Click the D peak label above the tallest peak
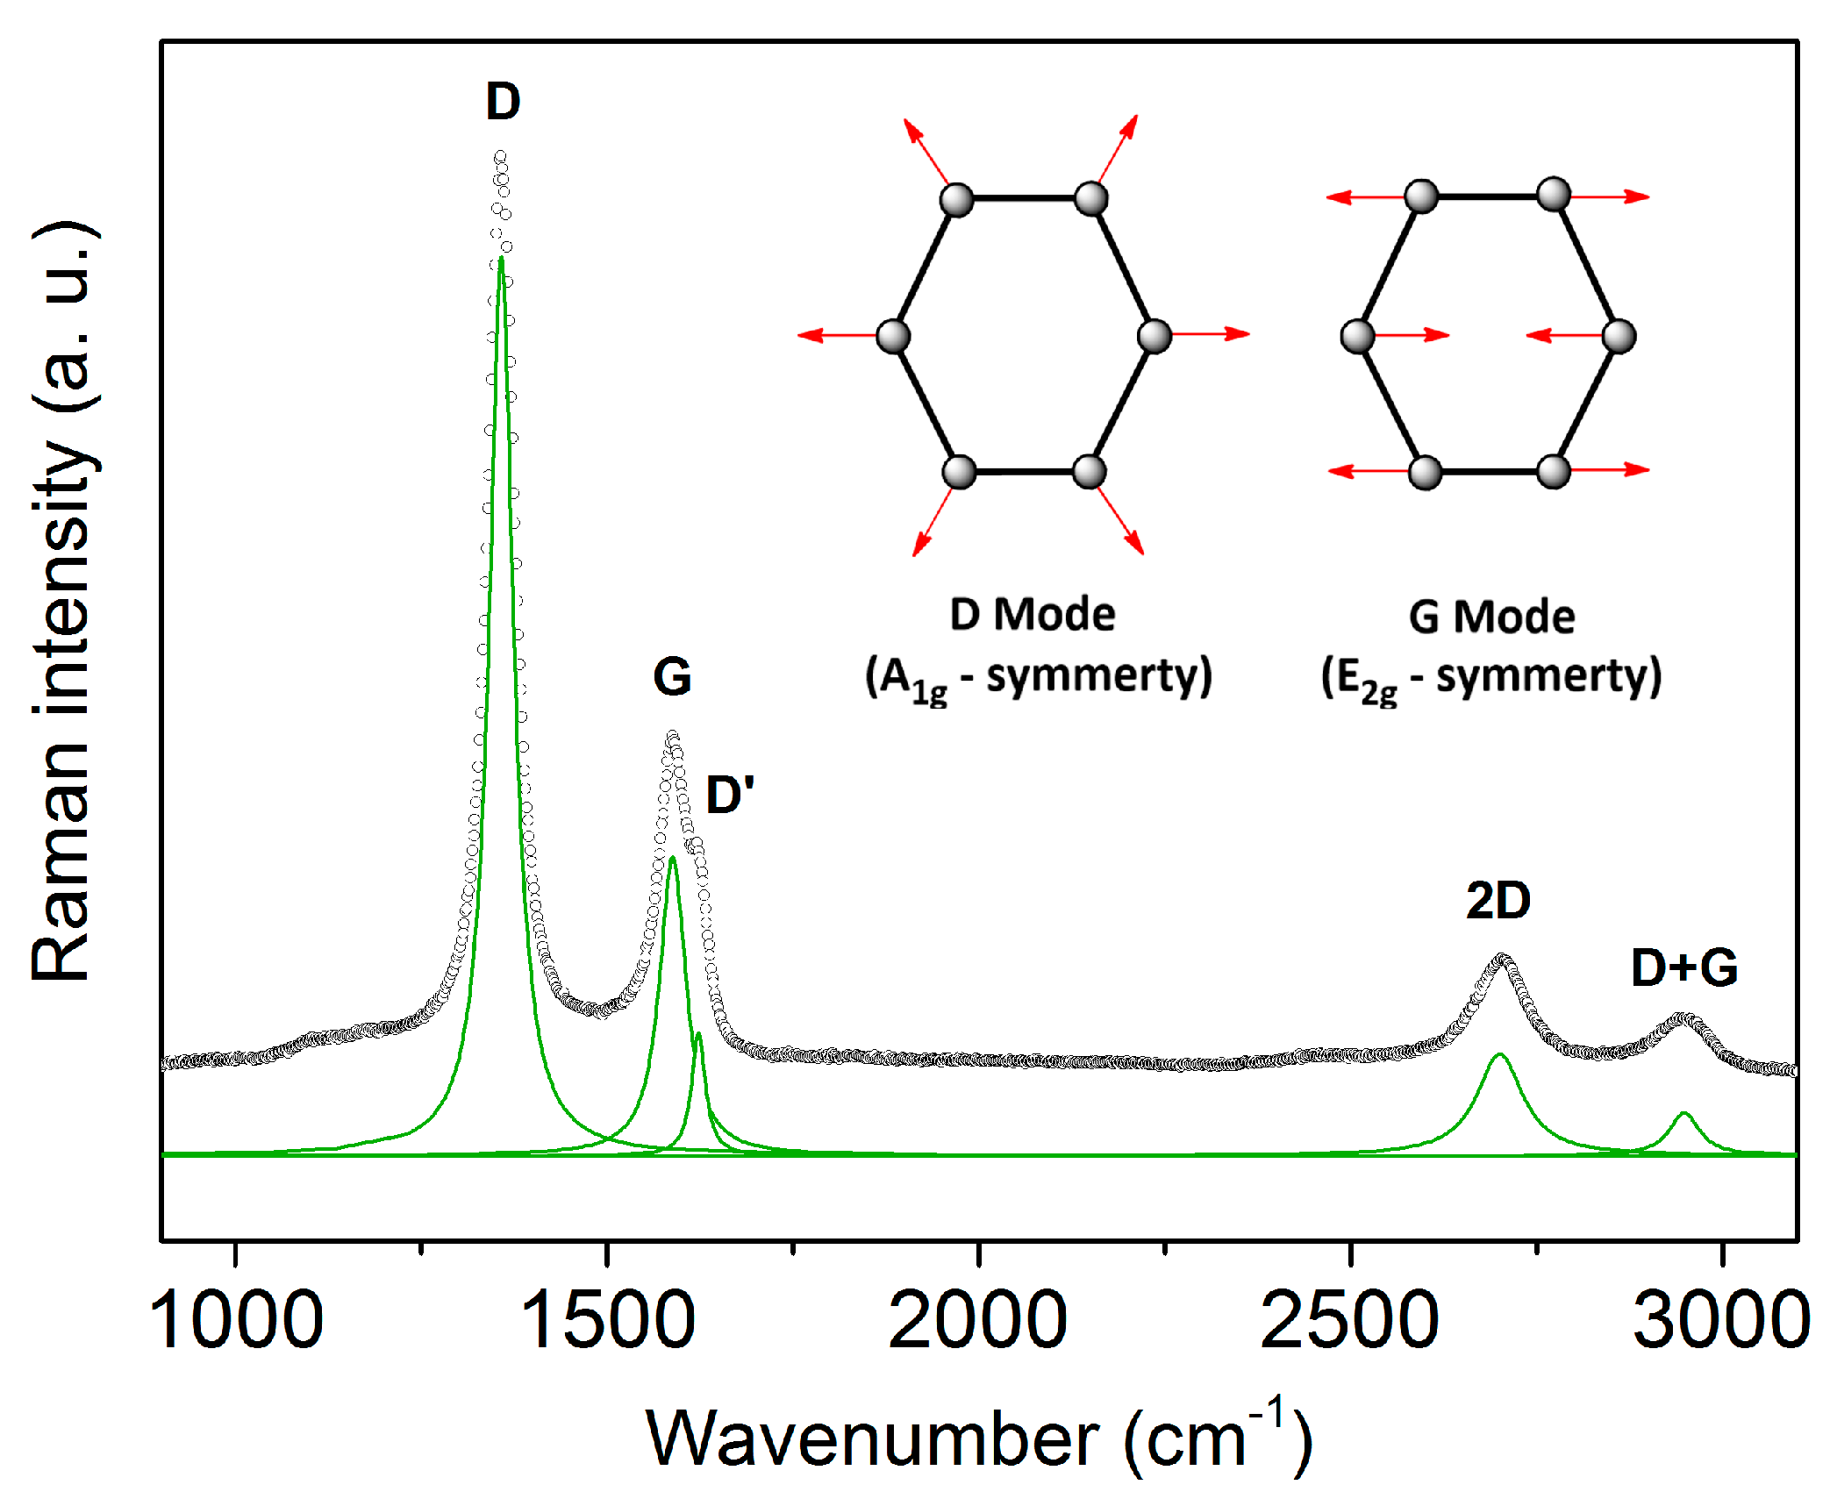click(504, 102)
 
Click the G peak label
click(672, 677)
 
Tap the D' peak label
click(729, 796)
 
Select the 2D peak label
click(1498, 901)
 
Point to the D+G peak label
click(1683, 967)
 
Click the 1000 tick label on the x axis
click(236, 1321)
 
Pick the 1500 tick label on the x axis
click(607, 1321)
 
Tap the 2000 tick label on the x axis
click(978, 1321)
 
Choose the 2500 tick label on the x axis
click(1349, 1321)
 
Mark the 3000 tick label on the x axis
click(1721, 1321)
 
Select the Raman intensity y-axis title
click(63, 601)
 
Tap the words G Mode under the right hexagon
click(1491, 617)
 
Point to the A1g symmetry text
click(1039, 678)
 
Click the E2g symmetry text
click(1491, 678)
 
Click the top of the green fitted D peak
click(501, 260)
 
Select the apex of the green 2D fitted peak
click(1500, 1055)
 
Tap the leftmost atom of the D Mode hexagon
click(893, 336)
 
